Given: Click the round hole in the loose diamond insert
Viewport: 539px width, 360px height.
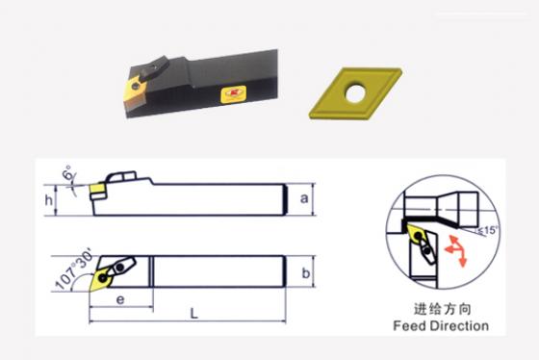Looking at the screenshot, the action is (x=356, y=93).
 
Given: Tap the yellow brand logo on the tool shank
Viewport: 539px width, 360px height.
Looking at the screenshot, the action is (x=234, y=94).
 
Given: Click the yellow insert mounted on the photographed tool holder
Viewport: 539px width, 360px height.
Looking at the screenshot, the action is (x=134, y=90).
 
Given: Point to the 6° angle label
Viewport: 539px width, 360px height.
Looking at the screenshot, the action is (x=69, y=172).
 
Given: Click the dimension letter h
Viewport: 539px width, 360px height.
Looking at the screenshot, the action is (x=49, y=200).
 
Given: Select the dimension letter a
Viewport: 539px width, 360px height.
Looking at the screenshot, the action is (x=304, y=198).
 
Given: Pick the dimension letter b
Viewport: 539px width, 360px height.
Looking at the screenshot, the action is (x=306, y=273).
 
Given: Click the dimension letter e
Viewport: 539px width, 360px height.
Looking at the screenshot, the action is (x=120, y=299).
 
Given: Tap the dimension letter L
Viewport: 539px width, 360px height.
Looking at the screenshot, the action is (x=194, y=313).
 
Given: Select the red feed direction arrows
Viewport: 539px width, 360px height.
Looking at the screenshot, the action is (x=456, y=250).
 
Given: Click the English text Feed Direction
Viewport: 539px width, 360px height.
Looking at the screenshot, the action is (x=441, y=325).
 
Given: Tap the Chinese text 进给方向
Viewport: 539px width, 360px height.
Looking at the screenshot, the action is (x=442, y=309).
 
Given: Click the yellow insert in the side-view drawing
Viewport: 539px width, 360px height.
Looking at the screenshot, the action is (x=96, y=189).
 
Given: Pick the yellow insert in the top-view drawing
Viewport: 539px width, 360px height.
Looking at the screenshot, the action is (x=100, y=279).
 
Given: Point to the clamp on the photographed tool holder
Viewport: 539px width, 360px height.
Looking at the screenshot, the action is (x=155, y=68).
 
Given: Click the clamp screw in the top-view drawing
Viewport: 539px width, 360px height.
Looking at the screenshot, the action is (x=120, y=267).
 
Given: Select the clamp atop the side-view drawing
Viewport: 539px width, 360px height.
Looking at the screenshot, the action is (x=121, y=176).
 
